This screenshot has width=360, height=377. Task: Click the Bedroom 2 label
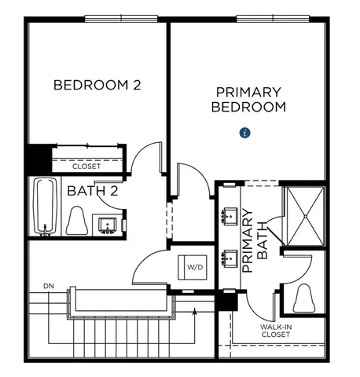[x=97, y=85]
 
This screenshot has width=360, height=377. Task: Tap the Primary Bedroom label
[x=248, y=99]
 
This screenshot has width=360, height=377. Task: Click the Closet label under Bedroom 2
[x=86, y=167]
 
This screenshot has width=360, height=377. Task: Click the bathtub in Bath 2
[x=44, y=206]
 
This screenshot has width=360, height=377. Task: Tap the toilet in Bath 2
[x=77, y=221]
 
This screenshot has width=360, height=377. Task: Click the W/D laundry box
[x=193, y=267]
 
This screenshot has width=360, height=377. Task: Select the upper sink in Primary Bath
[x=230, y=214]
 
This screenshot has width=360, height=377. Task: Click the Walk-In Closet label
[x=275, y=331]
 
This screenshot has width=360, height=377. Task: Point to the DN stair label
[x=49, y=284]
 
